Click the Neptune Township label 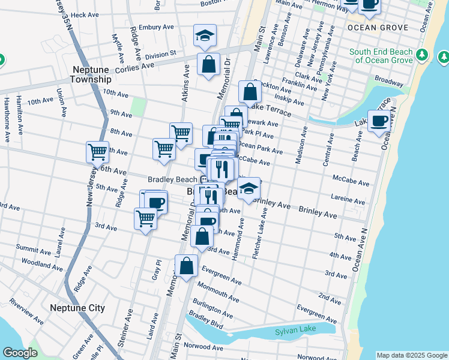click(91, 74)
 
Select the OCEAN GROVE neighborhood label click(378, 28)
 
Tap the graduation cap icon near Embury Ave click(204, 36)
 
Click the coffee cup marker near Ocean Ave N click(378, 121)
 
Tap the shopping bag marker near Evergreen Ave click(187, 265)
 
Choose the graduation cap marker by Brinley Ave click(248, 188)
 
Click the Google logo click(20, 353)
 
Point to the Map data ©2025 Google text click(411, 355)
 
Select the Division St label click(163, 53)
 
